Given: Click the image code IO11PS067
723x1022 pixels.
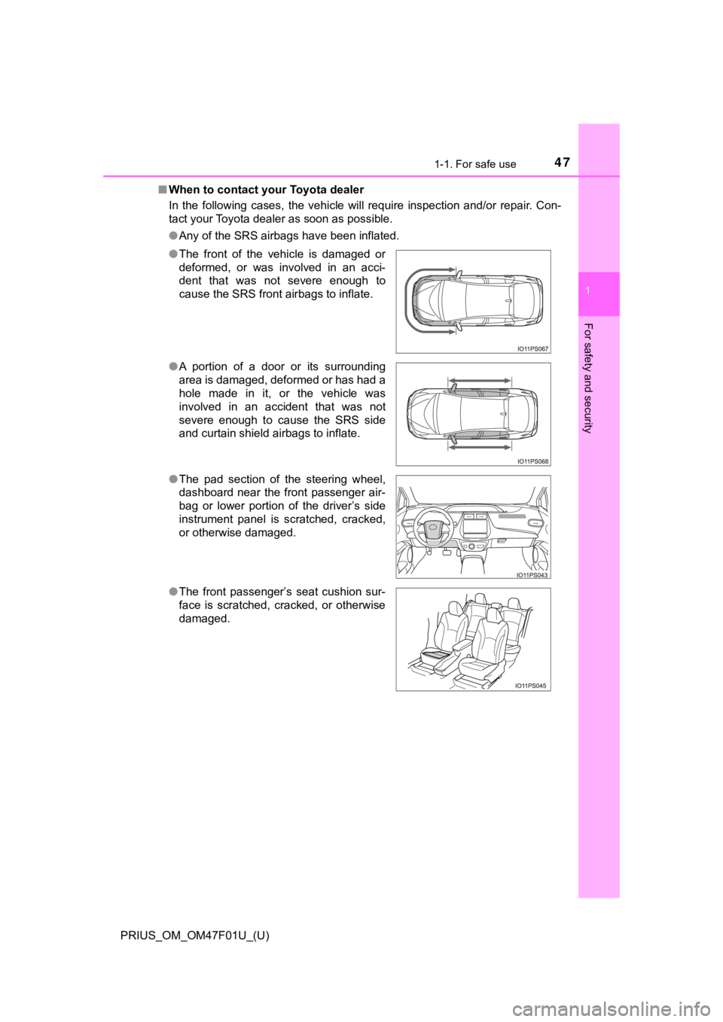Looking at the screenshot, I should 532,348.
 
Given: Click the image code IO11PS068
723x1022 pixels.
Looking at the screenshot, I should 532,461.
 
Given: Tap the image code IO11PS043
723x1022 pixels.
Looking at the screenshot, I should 532,574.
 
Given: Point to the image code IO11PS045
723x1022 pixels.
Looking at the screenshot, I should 532,686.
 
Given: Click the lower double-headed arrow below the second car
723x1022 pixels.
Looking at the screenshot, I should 479,447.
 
